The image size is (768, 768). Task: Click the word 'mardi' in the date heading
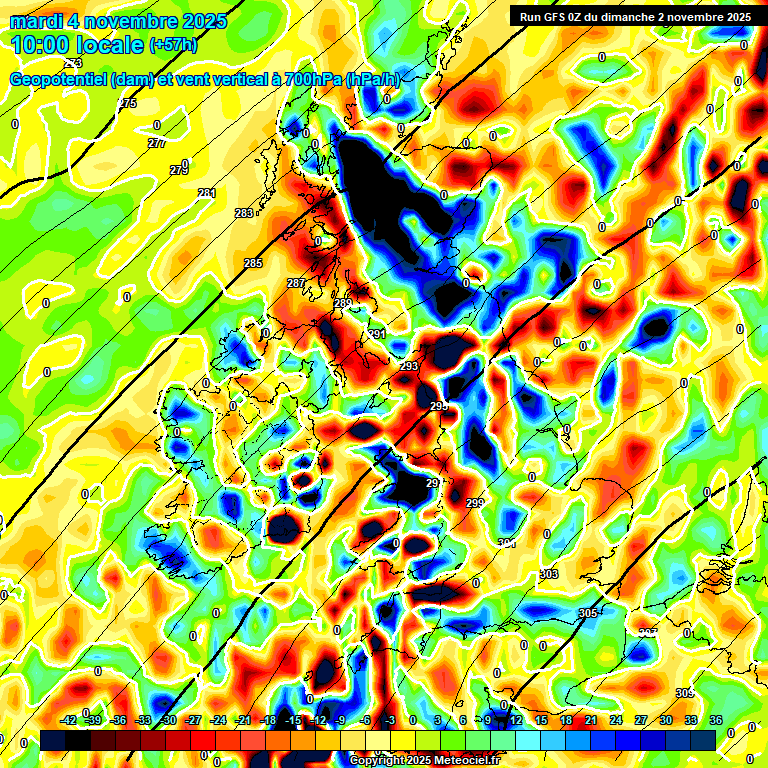35,21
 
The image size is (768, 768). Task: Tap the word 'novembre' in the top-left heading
132,21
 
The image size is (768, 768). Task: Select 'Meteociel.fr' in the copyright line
460,760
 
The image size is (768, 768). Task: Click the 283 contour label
244,213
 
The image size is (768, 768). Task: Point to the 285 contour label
253,263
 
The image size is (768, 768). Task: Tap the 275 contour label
128,104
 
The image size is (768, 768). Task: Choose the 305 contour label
588,613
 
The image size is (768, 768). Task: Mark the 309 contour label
684,693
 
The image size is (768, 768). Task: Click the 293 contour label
408,367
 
